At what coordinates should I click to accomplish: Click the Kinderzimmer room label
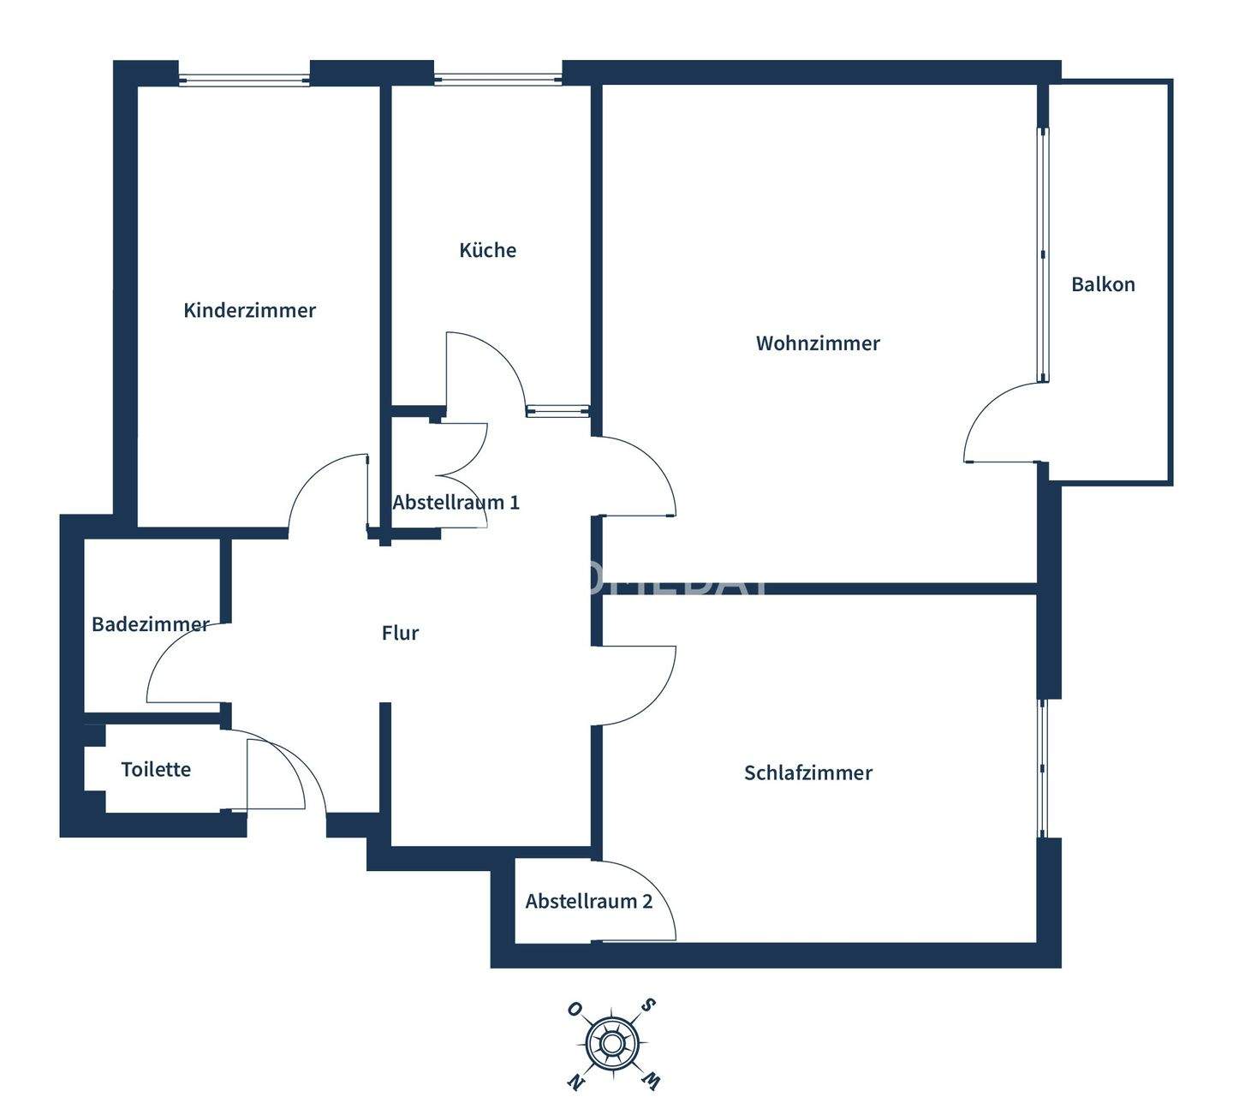249,310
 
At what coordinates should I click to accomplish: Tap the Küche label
487,250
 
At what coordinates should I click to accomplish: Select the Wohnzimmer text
818,343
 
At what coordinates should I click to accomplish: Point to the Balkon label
1103,284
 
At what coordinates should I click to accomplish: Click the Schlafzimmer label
807,772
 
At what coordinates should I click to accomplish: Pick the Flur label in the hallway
400,633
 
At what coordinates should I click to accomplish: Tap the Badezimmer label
150,624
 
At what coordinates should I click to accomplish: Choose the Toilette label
156,769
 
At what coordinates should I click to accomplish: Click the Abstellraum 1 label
456,502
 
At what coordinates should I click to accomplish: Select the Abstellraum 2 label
588,901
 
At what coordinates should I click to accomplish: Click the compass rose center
611,1044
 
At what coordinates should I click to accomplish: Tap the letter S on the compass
650,1005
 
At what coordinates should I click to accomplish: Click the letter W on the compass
651,1081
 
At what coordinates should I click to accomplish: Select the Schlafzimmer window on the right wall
1042,768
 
